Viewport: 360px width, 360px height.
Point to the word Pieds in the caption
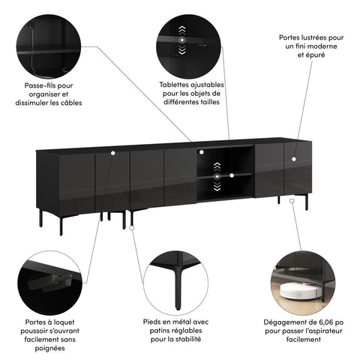pyautogui.click(x=155, y=321)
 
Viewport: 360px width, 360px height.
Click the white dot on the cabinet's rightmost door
pyautogui.click(x=294, y=158)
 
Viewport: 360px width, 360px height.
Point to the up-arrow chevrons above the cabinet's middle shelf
pyautogui.click(x=217, y=166)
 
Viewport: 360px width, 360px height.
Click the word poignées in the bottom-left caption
pyautogui.click(x=52, y=348)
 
